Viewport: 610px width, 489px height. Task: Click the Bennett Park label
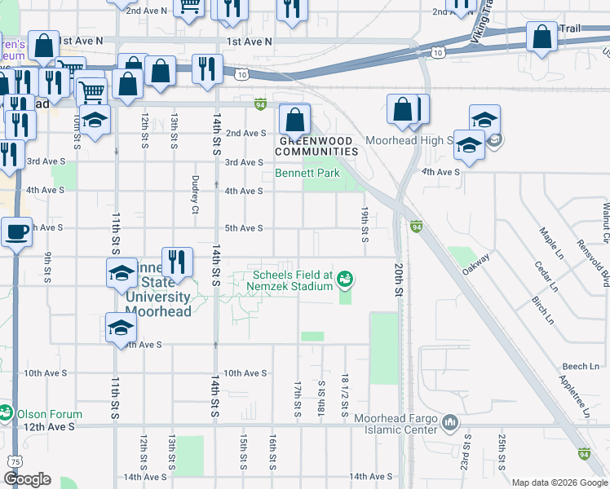pyautogui.click(x=307, y=174)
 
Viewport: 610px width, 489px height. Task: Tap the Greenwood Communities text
pyautogui.click(x=318, y=146)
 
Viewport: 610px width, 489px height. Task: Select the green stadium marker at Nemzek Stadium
pyautogui.click(x=346, y=280)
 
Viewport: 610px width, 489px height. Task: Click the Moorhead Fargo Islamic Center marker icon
pyautogui.click(x=453, y=422)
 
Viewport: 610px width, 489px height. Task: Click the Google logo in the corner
pyautogui.click(x=27, y=479)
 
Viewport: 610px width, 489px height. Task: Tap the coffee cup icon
pyautogui.click(x=16, y=232)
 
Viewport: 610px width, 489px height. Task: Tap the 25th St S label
pyautogui.click(x=500, y=447)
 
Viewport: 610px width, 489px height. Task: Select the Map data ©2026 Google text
pyautogui.click(x=559, y=482)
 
